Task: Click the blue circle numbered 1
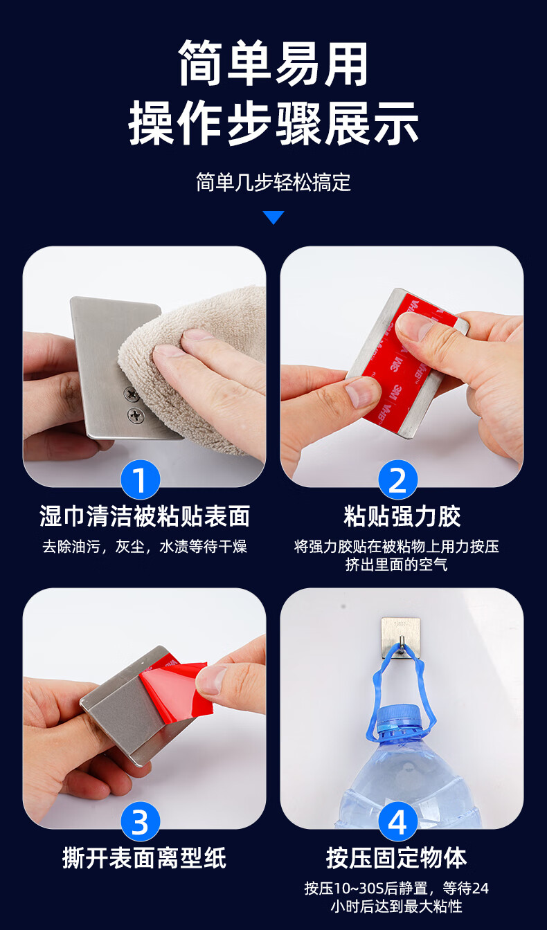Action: (140, 480)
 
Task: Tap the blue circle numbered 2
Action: (397, 480)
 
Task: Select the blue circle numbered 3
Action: (140, 821)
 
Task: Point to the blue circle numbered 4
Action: (397, 821)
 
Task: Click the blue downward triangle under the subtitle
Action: (273, 217)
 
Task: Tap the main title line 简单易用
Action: (273, 63)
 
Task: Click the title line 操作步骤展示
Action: (273, 123)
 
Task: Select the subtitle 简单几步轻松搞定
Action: (273, 182)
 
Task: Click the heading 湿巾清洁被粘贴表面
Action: (145, 516)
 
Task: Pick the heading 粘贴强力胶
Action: (402, 516)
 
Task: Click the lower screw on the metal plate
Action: (136, 414)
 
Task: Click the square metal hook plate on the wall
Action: (401, 638)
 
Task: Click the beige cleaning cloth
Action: (195, 370)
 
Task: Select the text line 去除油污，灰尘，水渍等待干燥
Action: (145, 547)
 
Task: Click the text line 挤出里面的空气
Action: (396, 564)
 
